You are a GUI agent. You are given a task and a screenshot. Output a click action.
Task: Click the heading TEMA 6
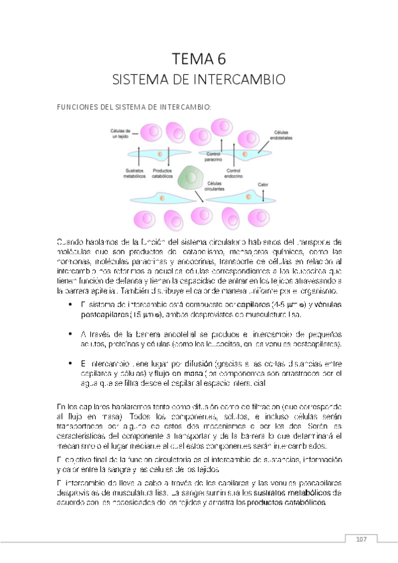click(199, 58)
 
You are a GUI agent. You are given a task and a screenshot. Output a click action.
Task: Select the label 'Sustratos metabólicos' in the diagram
click(136, 174)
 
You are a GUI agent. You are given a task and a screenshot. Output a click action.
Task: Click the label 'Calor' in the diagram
click(262, 184)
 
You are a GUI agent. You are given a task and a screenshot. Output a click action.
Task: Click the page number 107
click(361, 538)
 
